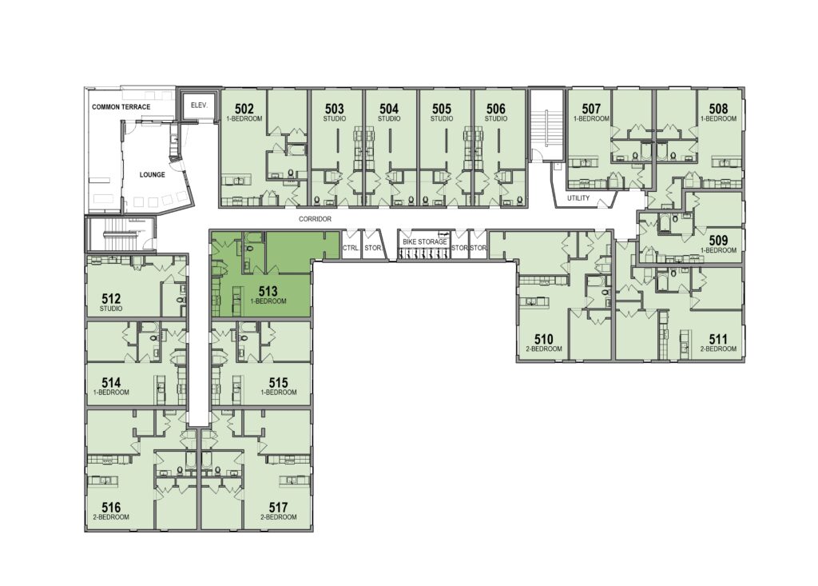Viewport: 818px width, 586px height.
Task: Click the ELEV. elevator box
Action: tap(199, 106)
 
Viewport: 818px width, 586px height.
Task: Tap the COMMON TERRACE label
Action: tap(121, 107)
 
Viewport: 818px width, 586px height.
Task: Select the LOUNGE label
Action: tap(153, 175)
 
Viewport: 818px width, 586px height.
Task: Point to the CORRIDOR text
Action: tap(315, 219)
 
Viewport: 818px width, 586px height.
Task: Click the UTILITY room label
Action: tap(578, 198)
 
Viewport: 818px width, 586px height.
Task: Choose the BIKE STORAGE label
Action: tap(425, 242)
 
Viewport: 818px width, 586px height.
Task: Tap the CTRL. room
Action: tap(351, 248)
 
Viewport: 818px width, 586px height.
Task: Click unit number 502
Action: tap(244, 109)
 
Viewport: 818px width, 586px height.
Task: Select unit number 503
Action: tap(335, 109)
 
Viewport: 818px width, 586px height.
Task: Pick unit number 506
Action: tap(495, 109)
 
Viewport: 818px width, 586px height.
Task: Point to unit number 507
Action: tap(591, 109)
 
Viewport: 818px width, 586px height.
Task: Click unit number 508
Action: tap(718, 109)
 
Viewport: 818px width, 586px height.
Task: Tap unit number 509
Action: tap(718, 241)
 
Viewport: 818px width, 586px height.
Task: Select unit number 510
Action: tap(543, 340)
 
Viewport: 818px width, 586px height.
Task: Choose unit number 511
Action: tap(718, 340)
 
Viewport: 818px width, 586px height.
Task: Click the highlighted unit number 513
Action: tap(268, 292)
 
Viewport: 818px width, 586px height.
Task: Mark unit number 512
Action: tap(111, 299)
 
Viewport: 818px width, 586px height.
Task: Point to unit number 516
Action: tap(111, 507)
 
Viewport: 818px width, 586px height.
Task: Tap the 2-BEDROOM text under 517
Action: tap(278, 517)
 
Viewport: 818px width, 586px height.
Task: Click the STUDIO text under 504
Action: tap(389, 118)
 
